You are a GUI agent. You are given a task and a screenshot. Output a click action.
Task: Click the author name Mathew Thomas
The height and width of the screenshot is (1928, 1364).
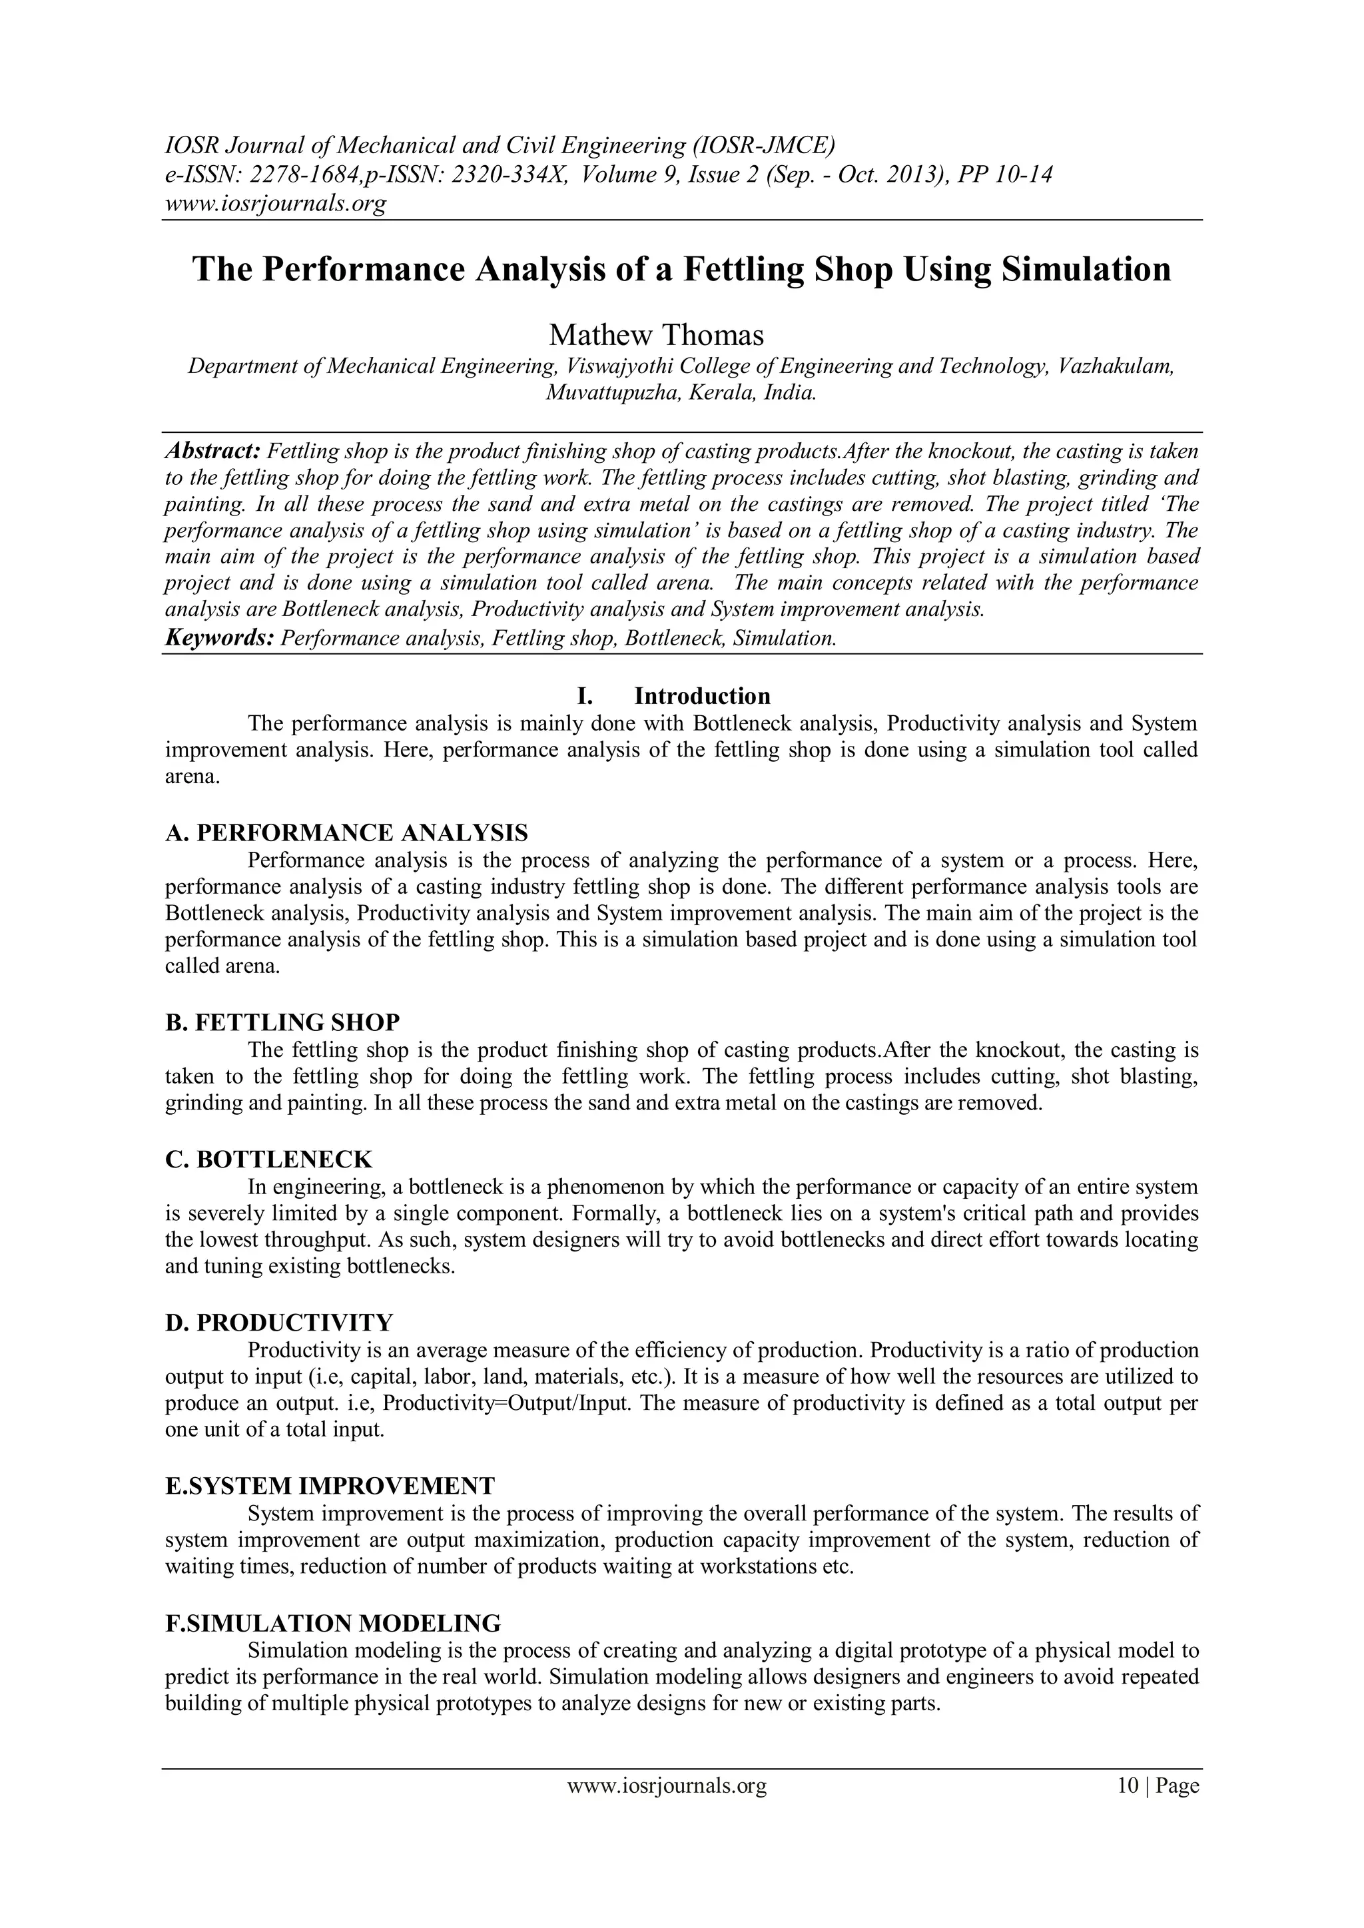[x=656, y=335]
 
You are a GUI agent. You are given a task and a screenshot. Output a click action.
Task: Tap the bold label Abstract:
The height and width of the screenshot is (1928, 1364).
[x=213, y=452]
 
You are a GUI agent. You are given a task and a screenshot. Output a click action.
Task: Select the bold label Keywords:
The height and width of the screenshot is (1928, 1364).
[x=219, y=638]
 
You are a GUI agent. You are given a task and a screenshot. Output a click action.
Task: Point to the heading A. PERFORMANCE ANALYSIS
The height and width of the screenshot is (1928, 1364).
[x=347, y=833]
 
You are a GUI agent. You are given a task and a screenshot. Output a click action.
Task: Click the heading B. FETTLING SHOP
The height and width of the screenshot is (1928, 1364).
[x=282, y=1023]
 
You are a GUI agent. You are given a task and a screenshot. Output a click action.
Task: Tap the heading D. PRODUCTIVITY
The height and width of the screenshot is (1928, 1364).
[x=279, y=1323]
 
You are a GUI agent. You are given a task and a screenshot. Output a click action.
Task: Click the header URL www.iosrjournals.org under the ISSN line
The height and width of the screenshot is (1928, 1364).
[x=274, y=204]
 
